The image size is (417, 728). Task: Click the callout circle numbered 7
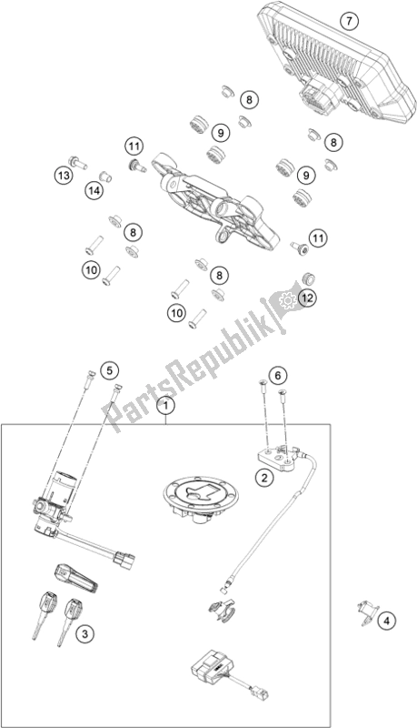click(349, 20)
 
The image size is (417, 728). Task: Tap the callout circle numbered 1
click(166, 406)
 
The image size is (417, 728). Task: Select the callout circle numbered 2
click(264, 477)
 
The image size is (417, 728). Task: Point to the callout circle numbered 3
click(84, 632)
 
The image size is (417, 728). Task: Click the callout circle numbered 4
click(387, 620)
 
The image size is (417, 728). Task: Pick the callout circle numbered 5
click(109, 370)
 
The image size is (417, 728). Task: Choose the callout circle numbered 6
click(277, 375)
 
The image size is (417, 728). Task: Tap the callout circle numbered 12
click(307, 298)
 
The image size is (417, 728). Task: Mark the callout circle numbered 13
click(64, 176)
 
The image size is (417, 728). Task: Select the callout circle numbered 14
click(94, 190)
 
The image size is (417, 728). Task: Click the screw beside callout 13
click(78, 162)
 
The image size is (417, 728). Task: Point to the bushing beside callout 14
click(106, 177)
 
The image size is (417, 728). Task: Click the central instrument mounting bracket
click(217, 201)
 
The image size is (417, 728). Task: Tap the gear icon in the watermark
click(287, 302)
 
